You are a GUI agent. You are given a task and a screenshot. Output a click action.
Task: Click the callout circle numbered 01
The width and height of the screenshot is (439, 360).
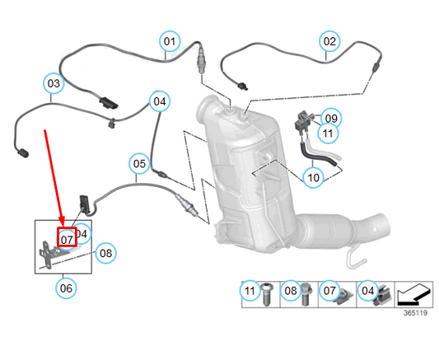(169, 40)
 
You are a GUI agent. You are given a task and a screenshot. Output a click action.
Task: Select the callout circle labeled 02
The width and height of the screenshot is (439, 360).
(329, 40)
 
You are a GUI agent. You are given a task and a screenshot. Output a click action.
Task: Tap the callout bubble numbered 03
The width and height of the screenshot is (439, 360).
(54, 83)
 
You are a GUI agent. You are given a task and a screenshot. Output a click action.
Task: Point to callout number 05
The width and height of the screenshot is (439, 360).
(139, 164)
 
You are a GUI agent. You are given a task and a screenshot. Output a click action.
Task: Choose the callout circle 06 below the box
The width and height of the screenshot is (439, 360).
(66, 288)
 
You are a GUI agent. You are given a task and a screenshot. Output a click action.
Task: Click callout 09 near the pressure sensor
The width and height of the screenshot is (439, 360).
(330, 117)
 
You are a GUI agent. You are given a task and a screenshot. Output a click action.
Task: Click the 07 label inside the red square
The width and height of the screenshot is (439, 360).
(67, 238)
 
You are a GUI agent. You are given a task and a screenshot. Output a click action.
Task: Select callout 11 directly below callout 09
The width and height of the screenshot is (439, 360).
(328, 133)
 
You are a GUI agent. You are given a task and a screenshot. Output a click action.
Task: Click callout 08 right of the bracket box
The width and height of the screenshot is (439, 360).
(105, 253)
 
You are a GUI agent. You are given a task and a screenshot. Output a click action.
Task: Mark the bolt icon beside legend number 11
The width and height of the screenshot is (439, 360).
(268, 294)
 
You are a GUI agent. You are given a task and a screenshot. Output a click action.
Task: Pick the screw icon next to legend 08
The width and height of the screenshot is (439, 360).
(307, 294)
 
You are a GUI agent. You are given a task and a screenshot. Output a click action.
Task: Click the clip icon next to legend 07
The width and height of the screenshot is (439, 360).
(347, 294)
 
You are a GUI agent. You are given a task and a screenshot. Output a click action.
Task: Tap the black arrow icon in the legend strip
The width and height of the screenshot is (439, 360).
(416, 292)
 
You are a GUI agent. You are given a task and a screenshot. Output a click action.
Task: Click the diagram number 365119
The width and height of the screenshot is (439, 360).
(415, 313)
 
